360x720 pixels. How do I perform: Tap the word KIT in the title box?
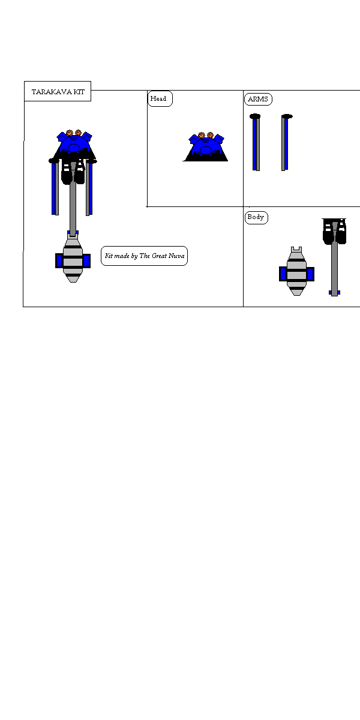point(79,92)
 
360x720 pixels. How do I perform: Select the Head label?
point(159,98)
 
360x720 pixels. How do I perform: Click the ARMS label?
point(258,99)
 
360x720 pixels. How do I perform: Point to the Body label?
point(256,217)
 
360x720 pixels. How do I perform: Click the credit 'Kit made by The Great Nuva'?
point(144,256)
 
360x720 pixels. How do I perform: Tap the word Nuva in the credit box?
point(178,256)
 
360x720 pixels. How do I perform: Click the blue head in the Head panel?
point(206,148)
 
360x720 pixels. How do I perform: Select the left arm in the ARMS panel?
point(256,144)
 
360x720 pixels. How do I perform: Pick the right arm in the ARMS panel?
point(285,144)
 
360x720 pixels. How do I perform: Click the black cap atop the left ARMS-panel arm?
point(255,116)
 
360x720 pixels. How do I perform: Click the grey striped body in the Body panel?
point(296,273)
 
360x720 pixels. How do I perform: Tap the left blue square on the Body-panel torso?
point(283,274)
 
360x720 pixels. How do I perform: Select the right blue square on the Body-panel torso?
point(310,274)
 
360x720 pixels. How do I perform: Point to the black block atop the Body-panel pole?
point(334,231)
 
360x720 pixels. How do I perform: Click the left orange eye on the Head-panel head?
point(202,136)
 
